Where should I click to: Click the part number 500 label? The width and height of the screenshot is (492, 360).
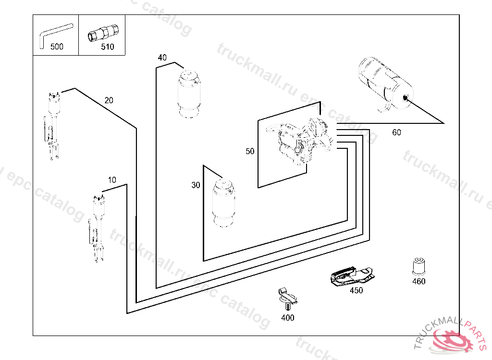(x=57, y=47)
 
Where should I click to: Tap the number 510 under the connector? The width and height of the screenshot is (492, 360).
(x=108, y=47)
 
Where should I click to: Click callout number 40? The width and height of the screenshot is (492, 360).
(x=162, y=58)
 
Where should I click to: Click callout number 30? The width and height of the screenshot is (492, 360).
(x=196, y=185)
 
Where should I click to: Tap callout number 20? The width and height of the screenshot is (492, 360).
(x=109, y=100)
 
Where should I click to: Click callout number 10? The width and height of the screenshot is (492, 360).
(x=112, y=180)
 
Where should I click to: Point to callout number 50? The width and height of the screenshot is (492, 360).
(x=250, y=151)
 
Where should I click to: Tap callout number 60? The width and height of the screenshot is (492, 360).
(x=396, y=132)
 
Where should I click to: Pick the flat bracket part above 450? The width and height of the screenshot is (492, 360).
(x=351, y=276)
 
